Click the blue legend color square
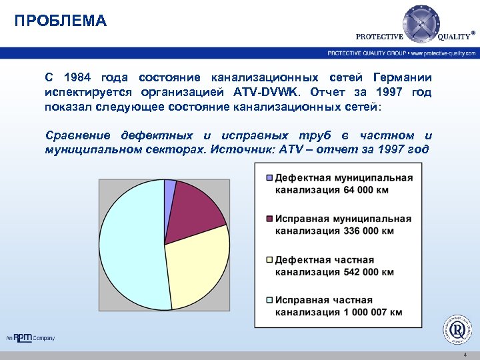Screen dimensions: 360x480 269,178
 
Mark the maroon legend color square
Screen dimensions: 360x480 269,219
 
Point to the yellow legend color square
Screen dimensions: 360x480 269,260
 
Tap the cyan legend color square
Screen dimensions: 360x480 269,301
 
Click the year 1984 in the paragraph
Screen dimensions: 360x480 79,77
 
